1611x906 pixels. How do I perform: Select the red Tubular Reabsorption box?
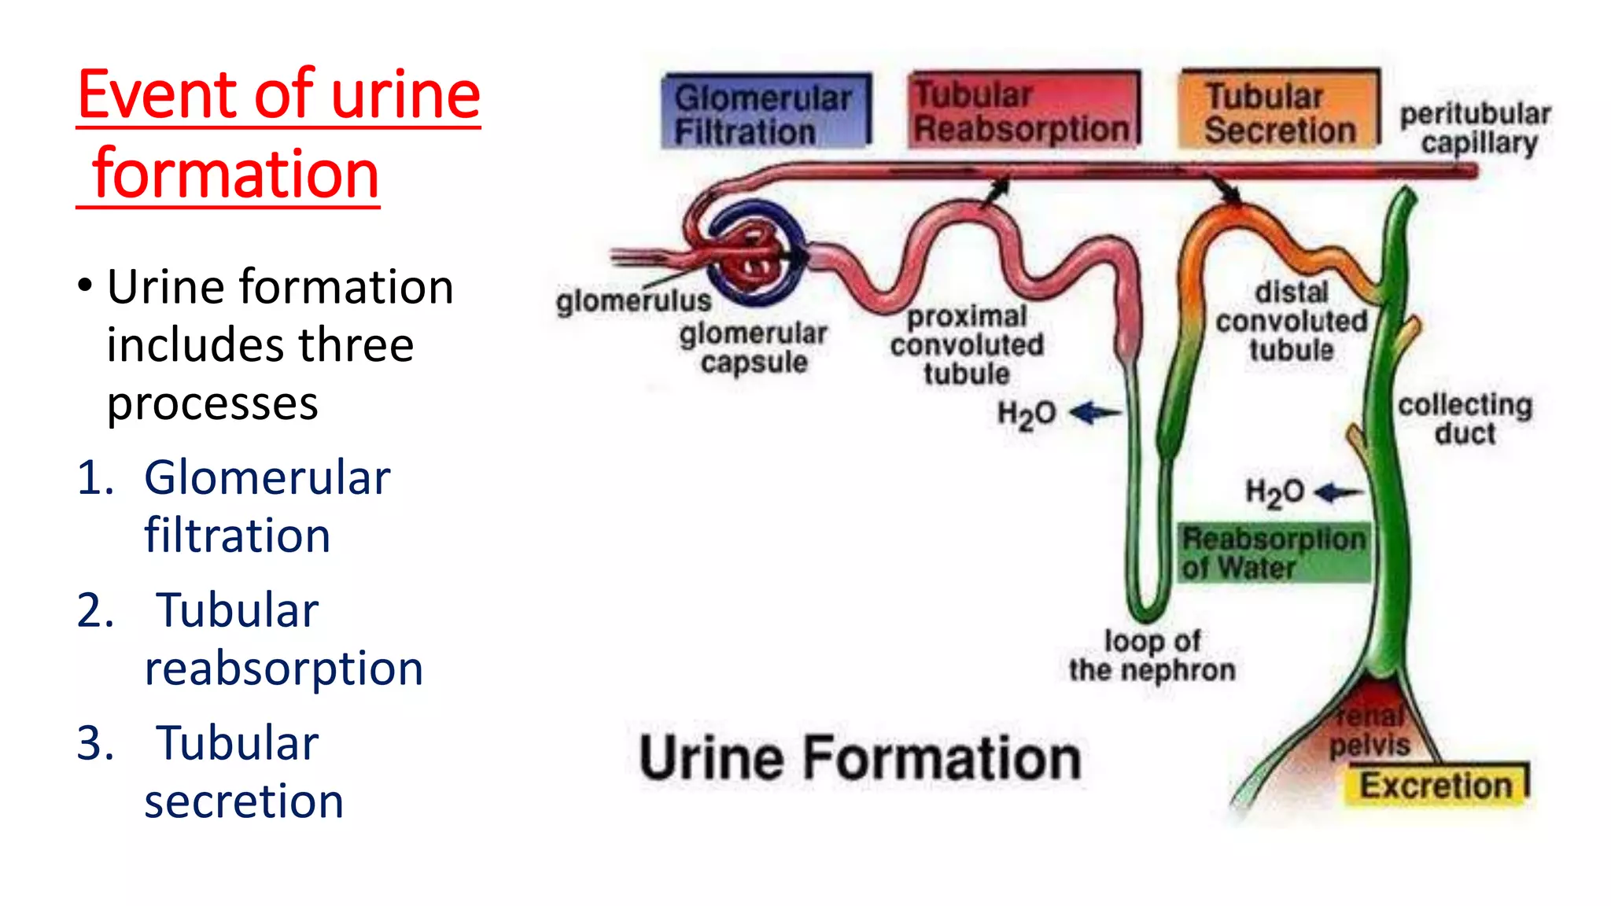(1023, 110)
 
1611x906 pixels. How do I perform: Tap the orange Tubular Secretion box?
(1279, 110)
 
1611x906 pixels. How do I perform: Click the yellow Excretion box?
(1436, 785)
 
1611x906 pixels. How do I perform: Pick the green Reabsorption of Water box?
(1274, 553)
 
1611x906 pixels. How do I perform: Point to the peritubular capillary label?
(1476, 128)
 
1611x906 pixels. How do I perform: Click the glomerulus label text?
(633, 300)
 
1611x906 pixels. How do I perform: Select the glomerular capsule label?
(754, 348)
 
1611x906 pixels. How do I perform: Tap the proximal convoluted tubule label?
(967, 345)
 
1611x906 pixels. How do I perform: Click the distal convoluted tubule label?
(1292, 321)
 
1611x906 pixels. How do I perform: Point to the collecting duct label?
(1465, 418)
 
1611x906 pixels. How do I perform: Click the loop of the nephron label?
(1152, 655)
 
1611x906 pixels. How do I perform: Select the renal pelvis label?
(1370, 731)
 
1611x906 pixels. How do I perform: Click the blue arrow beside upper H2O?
(1096, 412)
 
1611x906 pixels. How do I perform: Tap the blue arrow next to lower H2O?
(1338, 493)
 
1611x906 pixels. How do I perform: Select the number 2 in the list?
(95, 610)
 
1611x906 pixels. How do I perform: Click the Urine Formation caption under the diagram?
(860, 758)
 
